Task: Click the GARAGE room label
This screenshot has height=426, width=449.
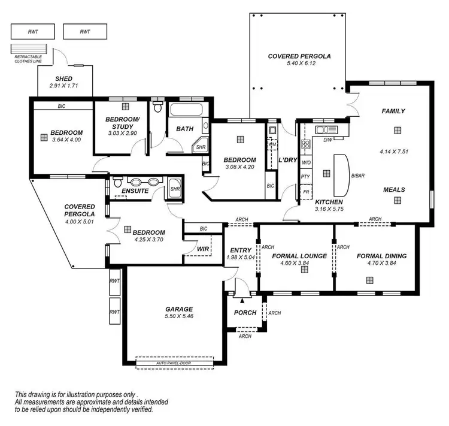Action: (x=179, y=309)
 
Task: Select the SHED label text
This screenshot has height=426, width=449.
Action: (x=64, y=79)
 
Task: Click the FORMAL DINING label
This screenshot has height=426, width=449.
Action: (x=381, y=256)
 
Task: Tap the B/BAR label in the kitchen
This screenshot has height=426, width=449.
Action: (x=358, y=176)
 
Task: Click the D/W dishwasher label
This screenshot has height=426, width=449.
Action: (x=327, y=140)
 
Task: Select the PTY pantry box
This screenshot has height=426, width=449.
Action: (x=305, y=177)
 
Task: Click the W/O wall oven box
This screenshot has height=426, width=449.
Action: (x=305, y=162)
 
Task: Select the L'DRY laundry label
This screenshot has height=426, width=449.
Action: (x=288, y=160)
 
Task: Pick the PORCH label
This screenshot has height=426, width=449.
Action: (x=245, y=313)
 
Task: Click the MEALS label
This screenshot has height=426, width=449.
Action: (x=394, y=190)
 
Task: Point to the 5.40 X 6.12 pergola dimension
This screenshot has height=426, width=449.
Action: (x=299, y=64)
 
